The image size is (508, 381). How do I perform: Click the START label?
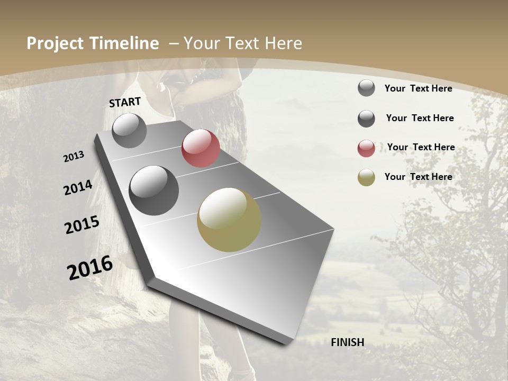coord(125,102)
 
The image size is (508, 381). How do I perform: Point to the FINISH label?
coord(348,342)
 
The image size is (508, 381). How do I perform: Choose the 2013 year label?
coord(74,157)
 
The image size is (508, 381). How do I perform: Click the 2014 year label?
coord(78,187)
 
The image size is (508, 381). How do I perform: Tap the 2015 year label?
coord(82,225)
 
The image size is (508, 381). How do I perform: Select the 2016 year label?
coord(90,267)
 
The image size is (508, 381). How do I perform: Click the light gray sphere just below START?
coord(130,131)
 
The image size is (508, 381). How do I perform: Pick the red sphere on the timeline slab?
coord(201,148)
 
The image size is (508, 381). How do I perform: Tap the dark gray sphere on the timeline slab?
coord(154,190)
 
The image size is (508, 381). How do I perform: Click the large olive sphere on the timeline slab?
coord(229,220)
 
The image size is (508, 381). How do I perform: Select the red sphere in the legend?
coord(366,149)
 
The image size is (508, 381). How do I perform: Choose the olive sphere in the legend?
coord(366,178)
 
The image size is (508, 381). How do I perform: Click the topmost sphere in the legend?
coord(366,88)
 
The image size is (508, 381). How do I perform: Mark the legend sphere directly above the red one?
coord(366,119)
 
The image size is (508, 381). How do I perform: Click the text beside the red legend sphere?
coord(421,147)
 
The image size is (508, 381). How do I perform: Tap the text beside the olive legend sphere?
coord(418,177)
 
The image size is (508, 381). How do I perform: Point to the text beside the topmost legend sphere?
coord(418,88)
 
